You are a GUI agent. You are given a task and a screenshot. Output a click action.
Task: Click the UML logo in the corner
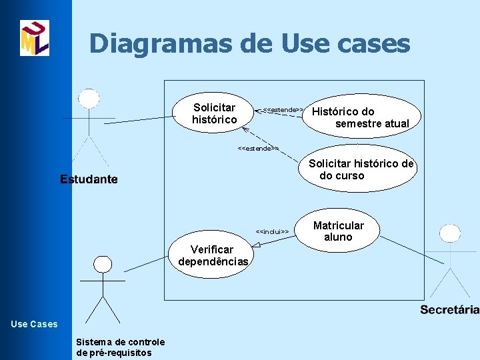[35, 38]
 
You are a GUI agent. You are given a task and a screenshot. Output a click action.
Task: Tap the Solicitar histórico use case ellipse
[214, 113]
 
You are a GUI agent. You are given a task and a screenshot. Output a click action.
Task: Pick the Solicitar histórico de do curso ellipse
[361, 169]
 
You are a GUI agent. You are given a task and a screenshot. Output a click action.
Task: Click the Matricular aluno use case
[338, 231]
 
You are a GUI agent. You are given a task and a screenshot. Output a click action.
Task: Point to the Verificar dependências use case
[213, 255]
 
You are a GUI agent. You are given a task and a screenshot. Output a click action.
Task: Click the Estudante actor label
[89, 179]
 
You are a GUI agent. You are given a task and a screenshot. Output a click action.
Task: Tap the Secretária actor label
[449, 309]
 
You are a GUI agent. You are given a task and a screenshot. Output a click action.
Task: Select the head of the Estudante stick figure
[89, 98]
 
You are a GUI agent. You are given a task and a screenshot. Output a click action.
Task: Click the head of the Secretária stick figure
[450, 233]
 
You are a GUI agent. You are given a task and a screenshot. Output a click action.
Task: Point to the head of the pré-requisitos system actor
[102, 265]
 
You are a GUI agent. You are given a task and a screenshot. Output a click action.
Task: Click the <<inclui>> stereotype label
[272, 231]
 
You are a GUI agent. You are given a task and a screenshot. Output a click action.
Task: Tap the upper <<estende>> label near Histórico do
[283, 109]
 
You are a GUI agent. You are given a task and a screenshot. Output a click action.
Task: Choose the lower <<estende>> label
[258, 148]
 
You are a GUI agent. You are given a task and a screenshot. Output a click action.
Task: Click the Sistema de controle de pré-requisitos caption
[121, 347]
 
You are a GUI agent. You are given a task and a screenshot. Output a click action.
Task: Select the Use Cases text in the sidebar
[35, 324]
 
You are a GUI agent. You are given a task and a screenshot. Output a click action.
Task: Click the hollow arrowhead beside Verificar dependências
[256, 245]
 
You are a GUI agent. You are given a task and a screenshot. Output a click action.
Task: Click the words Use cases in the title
[346, 44]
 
